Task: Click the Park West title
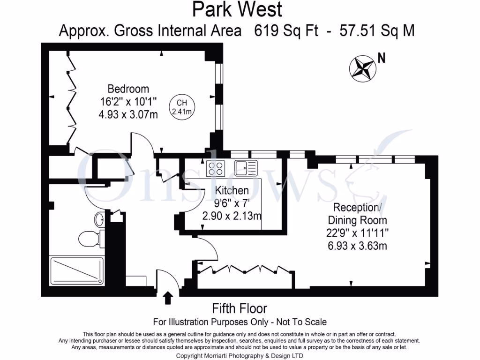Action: click(x=237, y=9)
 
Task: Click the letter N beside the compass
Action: click(x=382, y=59)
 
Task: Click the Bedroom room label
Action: click(x=128, y=89)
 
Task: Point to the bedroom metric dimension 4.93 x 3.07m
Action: click(x=128, y=113)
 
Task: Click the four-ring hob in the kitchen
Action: click(x=216, y=168)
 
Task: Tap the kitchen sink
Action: click(x=246, y=167)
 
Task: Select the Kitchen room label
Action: click(x=232, y=190)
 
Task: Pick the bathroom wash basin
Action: click(x=100, y=219)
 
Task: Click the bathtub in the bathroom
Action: click(x=76, y=270)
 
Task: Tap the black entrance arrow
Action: click(x=168, y=297)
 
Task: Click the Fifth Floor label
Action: click(x=240, y=308)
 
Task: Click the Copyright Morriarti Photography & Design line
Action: click(x=239, y=356)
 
